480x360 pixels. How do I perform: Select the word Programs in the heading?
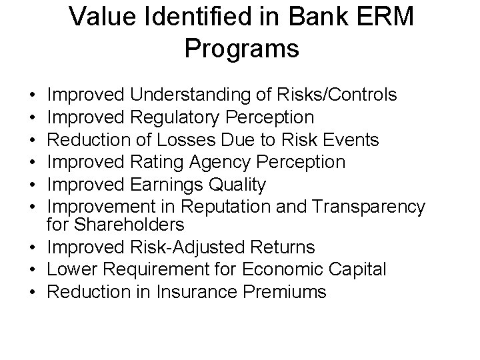[x=241, y=48]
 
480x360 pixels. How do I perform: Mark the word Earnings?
[x=174, y=185]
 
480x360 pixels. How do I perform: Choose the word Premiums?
[x=287, y=291]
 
